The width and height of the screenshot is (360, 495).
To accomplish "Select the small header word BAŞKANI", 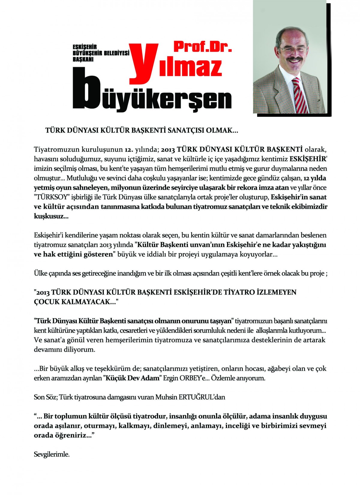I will tap(83, 59).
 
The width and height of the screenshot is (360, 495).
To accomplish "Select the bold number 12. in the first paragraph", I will tap(128, 149).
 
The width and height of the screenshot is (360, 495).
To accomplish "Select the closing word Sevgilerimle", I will tap(52, 454).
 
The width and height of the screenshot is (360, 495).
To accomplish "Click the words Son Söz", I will tap(45, 397).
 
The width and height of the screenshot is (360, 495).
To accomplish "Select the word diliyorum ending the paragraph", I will tap(79, 350).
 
